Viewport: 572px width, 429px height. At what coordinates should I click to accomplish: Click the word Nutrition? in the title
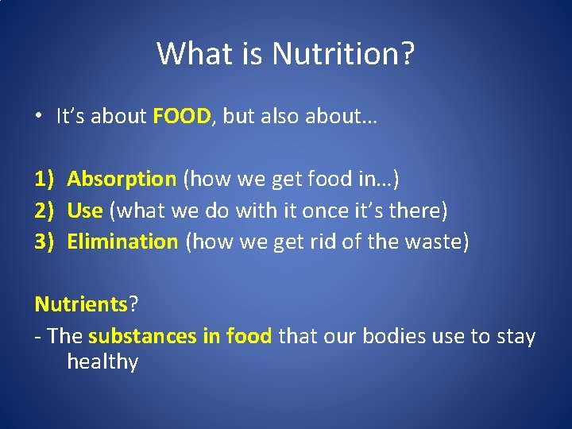343,54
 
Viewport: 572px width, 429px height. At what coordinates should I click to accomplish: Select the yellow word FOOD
182,117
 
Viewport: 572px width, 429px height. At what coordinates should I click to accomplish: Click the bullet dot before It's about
38,117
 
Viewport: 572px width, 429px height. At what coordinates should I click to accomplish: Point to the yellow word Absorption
122,179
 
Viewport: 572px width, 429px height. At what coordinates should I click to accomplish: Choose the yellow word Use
85,211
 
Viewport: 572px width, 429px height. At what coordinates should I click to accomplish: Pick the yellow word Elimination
122,242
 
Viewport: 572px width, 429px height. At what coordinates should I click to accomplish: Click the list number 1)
44,179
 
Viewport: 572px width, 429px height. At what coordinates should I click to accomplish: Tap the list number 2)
44,211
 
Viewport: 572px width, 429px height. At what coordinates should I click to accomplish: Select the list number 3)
44,242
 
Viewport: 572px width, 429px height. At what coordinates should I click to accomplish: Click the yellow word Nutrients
81,304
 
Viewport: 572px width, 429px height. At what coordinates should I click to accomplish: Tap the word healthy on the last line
102,362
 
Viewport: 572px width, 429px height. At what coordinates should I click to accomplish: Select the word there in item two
417,211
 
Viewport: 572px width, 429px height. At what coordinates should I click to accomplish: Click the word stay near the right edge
516,337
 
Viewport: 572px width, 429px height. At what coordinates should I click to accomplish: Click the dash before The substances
38,337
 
